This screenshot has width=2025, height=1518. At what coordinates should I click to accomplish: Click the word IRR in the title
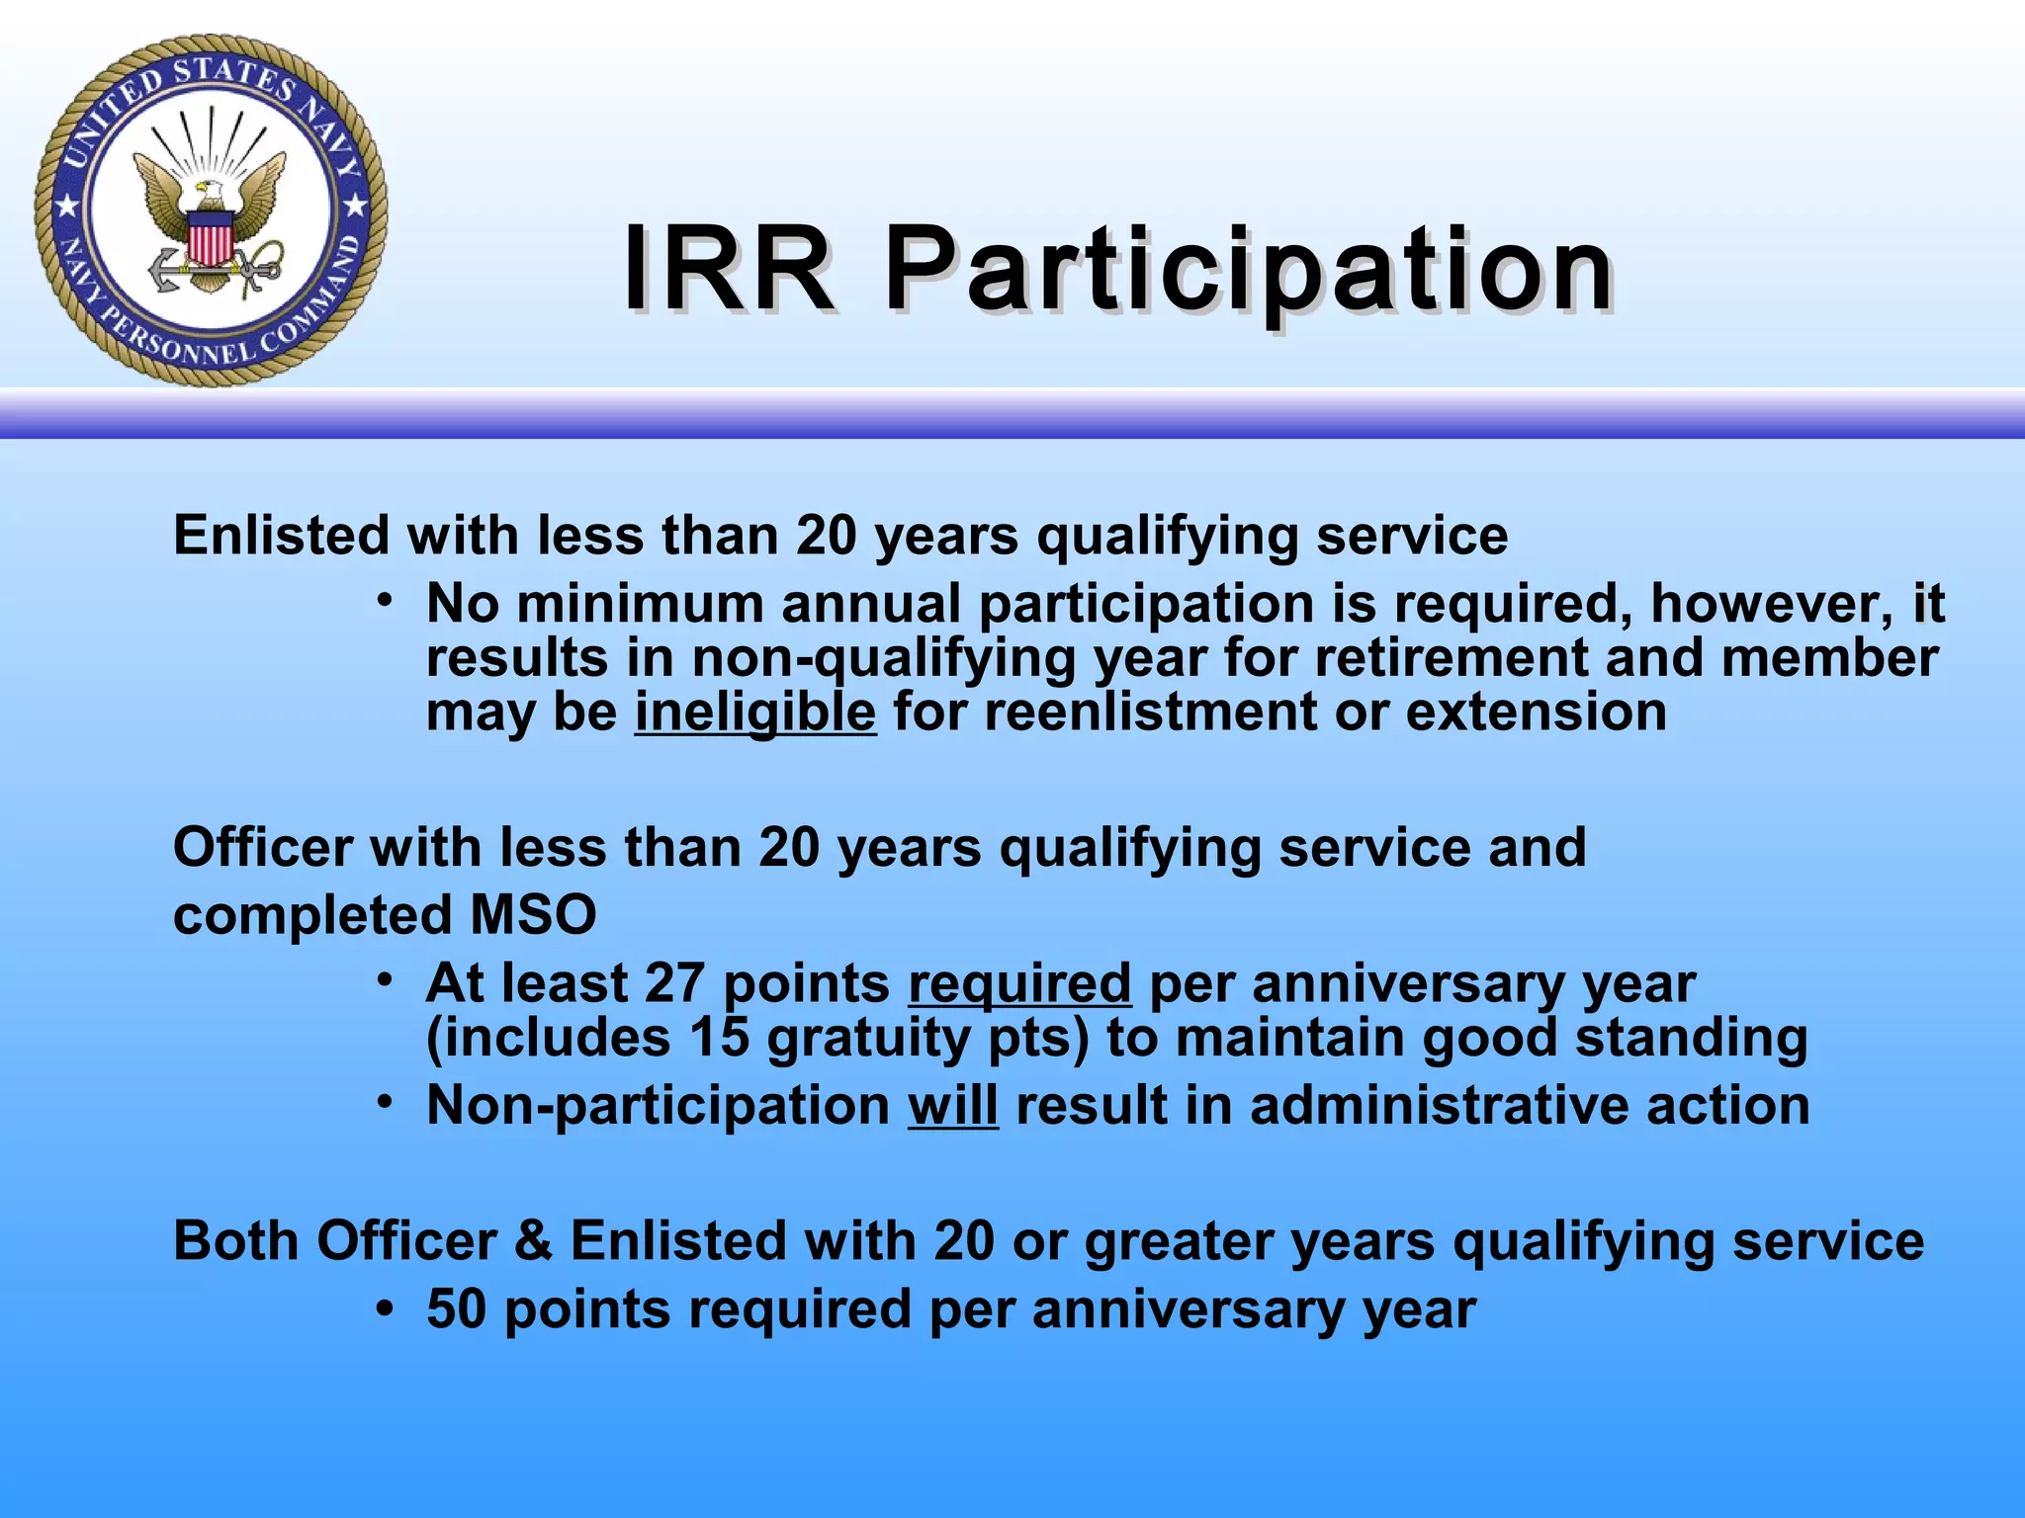pyautogui.click(x=730, y=269)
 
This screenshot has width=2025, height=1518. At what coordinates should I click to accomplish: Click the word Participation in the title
pyautogui.click(x=1248, y=269)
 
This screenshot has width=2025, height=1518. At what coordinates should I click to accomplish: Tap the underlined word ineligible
pyautogui.click(x=755, y=712)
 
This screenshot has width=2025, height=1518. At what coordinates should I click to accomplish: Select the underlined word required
pyautogui.click(x=1019, y=983)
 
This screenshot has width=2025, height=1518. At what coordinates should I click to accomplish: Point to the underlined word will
pyautogui.click(x=953, y=1105)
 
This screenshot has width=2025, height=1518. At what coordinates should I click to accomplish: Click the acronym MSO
pyautogui.click(x=533, y=914)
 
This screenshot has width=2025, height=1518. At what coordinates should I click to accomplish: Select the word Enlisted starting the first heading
pyautogui.click(x=282, y=536)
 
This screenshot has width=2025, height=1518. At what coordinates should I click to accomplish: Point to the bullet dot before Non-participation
pyautogui.click(x=386, y=1101)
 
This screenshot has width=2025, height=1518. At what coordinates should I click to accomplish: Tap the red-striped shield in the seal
pyautogui.click(x=210, y=239)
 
